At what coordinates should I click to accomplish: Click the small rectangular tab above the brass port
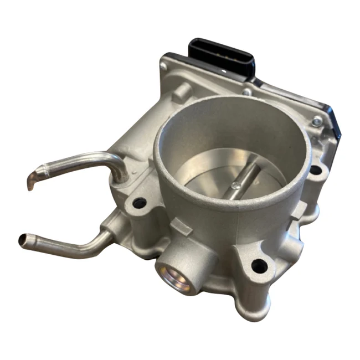coord(176,224)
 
